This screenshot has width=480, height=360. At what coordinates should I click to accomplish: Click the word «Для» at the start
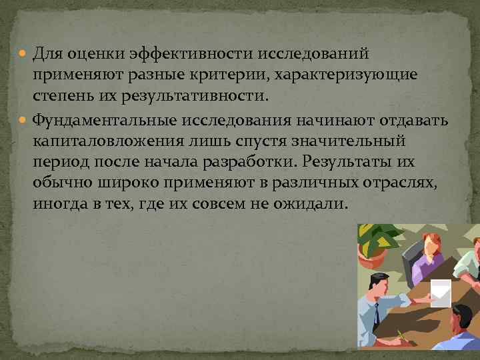[x=48, y=53]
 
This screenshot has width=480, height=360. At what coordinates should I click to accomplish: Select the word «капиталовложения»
[x=107, y=141]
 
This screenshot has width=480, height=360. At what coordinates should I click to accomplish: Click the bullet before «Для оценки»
[x=25, y=53]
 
